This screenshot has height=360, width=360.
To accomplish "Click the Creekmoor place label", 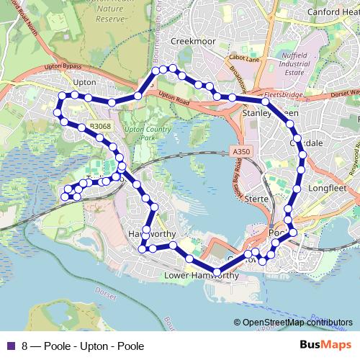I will tap(193, 42).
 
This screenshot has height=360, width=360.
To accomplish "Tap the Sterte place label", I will tap(256, 198).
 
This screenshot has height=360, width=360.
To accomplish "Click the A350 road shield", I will tap(242, 152).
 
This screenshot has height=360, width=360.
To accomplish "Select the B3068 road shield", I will tap(101, 126).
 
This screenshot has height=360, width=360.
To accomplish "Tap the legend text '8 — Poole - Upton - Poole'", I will tap(83, 346).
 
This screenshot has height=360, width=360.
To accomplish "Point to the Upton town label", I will tap(84, 83).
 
